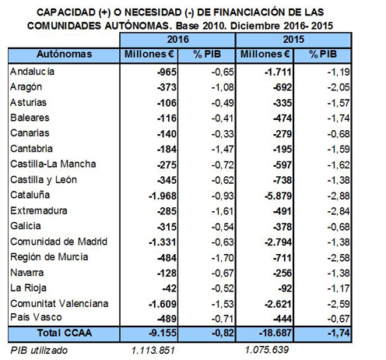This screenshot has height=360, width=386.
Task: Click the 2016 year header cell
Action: click(x=177, y=40)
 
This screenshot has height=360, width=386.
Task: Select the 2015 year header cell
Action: click(x=293, y=40)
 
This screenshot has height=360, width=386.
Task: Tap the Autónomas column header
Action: click(x=64, y=55)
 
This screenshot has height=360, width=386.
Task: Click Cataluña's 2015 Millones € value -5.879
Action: click(x=278, y=196)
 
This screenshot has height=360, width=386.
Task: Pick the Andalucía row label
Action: click(x=32, y=72)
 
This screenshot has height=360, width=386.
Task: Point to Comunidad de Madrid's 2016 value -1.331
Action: click(x=163, y=242)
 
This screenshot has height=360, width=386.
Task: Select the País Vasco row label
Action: click(x=36, y=317)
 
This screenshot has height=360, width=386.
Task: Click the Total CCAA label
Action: click(x=65, y=333)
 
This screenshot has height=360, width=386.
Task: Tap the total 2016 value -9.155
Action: click(x=163, y=333)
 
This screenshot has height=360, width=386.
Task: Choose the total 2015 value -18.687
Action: click(x=275, y=333)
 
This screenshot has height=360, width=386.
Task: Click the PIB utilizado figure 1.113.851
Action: click(x=153, y=351)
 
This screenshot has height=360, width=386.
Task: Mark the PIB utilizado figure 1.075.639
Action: click(x=267, y=350)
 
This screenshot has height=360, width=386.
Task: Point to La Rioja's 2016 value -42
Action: click(x=170, y=288)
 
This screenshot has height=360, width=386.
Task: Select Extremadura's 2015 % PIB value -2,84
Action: click(x=339, y=211)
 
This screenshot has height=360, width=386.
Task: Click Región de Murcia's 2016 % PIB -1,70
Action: click(x=223, y=258)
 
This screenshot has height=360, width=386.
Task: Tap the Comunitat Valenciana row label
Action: click(x=59, y=304)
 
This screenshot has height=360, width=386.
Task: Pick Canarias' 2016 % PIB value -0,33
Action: click(x=223, y=134)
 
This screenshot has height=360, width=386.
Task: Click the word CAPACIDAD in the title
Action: click(x=66, y=12)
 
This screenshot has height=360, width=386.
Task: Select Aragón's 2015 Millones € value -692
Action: click(x=282, y=87)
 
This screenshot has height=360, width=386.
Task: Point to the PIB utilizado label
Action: click(x=39, y=351)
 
